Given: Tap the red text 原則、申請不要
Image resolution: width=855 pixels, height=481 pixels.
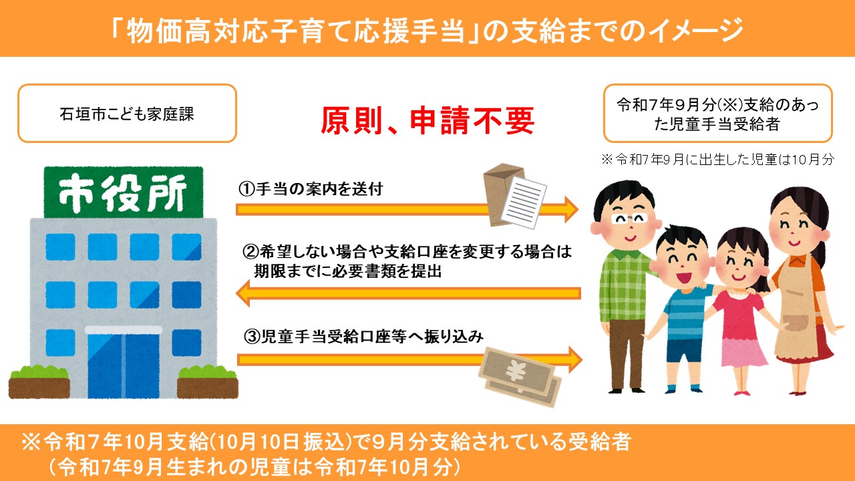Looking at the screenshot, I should click(427, 120).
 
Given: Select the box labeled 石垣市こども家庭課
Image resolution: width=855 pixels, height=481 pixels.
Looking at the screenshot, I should click(127, 113).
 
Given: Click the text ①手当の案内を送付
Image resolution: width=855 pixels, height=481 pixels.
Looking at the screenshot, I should click(311, 189).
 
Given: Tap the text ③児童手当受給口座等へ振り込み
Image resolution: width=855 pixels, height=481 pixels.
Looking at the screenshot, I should click(363, 337).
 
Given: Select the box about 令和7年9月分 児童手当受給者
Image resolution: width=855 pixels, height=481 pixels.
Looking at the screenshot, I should click(717, 113).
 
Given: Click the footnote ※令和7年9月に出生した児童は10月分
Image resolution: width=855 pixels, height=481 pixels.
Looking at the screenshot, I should click(718, 160).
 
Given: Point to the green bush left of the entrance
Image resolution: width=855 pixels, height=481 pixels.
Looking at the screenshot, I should click(39, 373).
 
